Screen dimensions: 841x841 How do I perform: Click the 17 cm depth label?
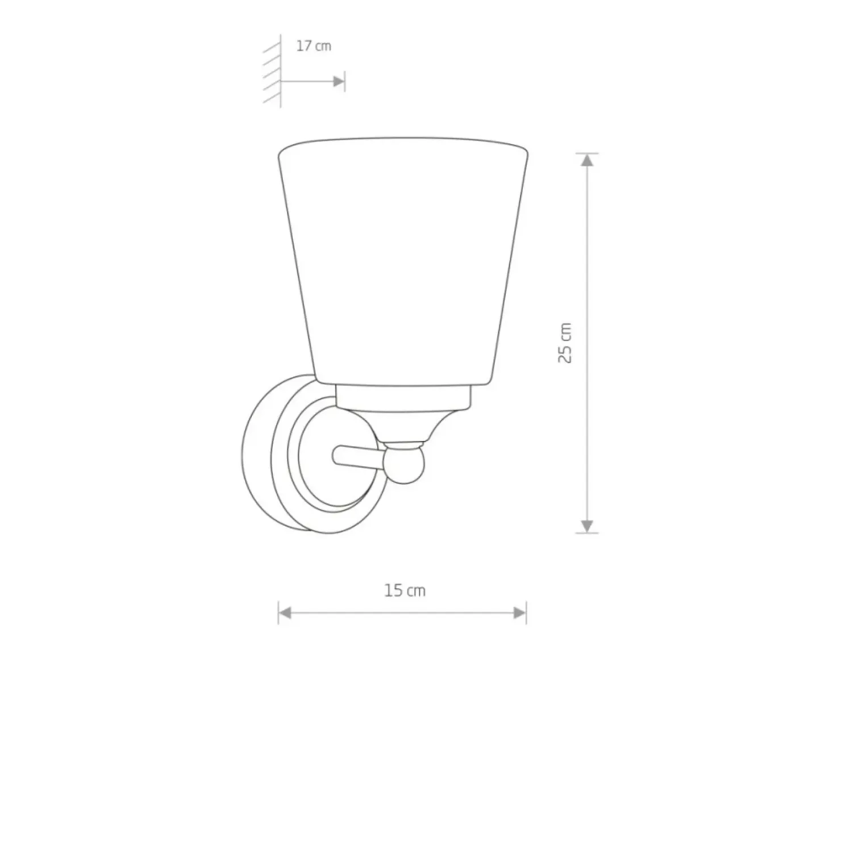tap(314, 46)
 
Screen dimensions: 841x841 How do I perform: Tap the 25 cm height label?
tap(565, 343)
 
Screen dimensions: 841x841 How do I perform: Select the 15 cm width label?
tap(405, 590)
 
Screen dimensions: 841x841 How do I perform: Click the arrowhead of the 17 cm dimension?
tap(338, 82)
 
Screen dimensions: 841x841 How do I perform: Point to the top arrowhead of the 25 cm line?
tap(588, 160)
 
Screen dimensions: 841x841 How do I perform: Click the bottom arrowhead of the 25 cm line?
tap(588, 526)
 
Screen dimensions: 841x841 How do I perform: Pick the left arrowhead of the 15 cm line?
tap(285, 613)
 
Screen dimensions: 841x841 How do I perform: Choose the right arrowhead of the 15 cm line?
tap(519, 613)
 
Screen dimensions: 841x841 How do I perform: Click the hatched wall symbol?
tap(272, 70)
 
